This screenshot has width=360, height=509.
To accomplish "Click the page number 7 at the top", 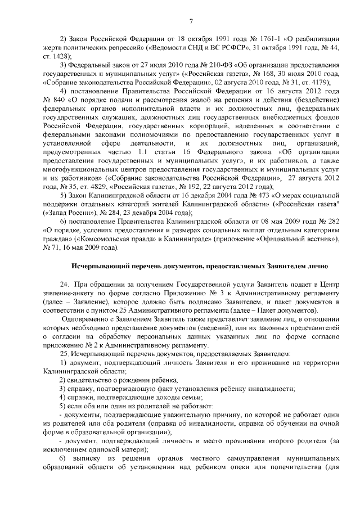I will tap(191, 22).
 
